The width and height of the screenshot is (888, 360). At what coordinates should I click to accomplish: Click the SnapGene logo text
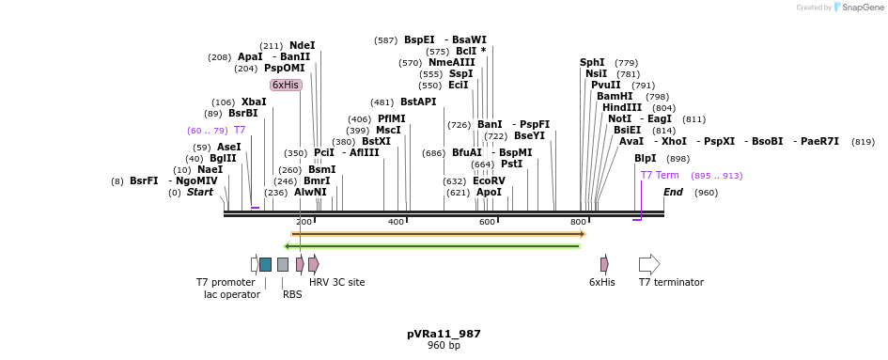point(862,8)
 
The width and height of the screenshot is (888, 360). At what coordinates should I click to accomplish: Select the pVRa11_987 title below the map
point(444,334)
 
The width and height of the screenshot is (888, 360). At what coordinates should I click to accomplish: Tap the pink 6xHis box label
point(286,85)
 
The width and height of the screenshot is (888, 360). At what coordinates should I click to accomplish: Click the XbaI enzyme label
point(254,102)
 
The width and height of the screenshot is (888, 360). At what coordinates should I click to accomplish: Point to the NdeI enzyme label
point(302,45)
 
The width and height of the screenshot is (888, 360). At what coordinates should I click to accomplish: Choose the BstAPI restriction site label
point(418,102)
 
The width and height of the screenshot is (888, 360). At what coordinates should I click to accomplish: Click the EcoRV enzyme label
point(489,180)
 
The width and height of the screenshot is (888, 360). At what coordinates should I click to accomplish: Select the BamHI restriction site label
point(615,96)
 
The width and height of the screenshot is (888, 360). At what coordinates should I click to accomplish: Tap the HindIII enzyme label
point(621,107)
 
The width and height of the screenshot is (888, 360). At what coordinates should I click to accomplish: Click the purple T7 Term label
point(660,175)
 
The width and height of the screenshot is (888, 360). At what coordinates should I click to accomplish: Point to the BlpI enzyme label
point(646,158)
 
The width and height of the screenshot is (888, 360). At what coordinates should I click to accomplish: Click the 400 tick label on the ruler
point(396,222)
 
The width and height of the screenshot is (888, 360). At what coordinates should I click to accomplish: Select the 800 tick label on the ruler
point(579,222)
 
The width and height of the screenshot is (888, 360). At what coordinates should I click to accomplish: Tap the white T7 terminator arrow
point(649,264)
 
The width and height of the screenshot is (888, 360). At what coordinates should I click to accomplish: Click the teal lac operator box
point(266,264)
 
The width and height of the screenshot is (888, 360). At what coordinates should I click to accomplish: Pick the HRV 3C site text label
point(337,282)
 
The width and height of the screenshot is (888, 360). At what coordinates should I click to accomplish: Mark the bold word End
point(673,192)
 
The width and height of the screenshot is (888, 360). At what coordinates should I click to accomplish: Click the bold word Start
point(200,192)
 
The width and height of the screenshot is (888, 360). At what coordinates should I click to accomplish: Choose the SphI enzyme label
point(592,62)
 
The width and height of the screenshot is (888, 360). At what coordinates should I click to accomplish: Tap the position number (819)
point(863,141)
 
